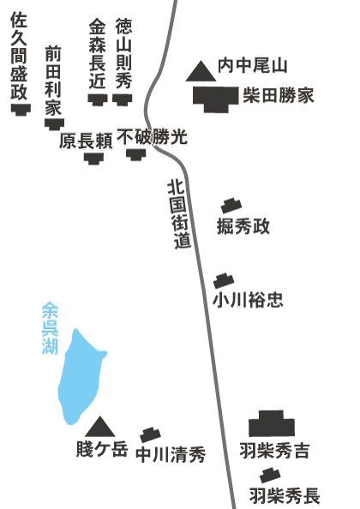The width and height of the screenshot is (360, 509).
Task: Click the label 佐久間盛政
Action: (x=19, y=56)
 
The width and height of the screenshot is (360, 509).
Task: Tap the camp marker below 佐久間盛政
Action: (x=21, y=109)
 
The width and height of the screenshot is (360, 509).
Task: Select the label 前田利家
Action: (x=53, y=81)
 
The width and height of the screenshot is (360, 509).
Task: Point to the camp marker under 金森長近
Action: (x=98, y=99)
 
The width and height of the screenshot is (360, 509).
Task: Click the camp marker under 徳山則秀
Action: (x=122, y=99)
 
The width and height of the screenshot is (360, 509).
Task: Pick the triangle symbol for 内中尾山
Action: (x=201, y=71)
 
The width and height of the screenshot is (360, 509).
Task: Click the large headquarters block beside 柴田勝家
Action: (x=215, y=99)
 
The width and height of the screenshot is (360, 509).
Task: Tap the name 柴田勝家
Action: (x=279, y=96)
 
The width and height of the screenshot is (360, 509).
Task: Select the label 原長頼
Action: (x=86, y=141)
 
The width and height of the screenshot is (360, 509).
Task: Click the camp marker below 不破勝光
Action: (x=136, y=154)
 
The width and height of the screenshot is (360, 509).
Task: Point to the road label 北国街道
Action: (x=178, y=214)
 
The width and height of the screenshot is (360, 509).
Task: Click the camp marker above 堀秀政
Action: (x=231, y=206)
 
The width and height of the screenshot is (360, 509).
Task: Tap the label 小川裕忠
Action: (x=248, y=300)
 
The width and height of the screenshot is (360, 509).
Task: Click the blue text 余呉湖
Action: (x=50, y=328)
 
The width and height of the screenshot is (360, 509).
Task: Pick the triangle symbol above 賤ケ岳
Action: (x=100, y=427)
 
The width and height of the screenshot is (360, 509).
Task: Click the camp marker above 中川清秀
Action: (x=150, y=435)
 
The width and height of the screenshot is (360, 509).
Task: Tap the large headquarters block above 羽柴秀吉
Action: (x=272, y=423)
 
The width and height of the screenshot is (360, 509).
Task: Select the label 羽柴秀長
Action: (x=285, y=495)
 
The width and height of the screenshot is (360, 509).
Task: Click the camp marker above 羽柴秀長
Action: (x=270, y=476)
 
